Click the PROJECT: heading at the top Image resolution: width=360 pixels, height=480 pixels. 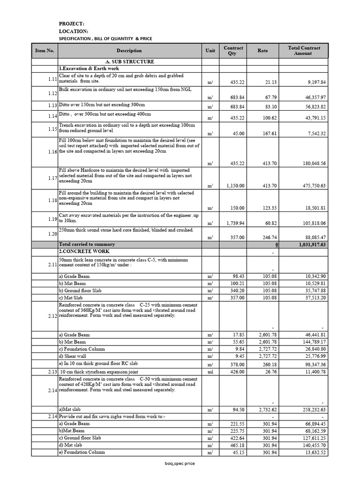[71, 23]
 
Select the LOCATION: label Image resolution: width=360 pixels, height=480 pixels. [73, 31]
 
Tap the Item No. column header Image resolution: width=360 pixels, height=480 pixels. [45, 51]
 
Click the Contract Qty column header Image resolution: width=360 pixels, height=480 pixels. [233, 51]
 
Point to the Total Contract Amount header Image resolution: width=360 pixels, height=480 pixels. [302, 51]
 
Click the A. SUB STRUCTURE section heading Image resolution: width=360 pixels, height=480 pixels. [129, 61]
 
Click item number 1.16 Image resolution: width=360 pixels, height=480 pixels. [52, 152]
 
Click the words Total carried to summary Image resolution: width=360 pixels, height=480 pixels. [87, 244]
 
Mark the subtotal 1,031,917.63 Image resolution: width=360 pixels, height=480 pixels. [309, 244]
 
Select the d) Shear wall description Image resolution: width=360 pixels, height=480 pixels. [73, 356]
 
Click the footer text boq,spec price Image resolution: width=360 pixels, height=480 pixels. [180, 464]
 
